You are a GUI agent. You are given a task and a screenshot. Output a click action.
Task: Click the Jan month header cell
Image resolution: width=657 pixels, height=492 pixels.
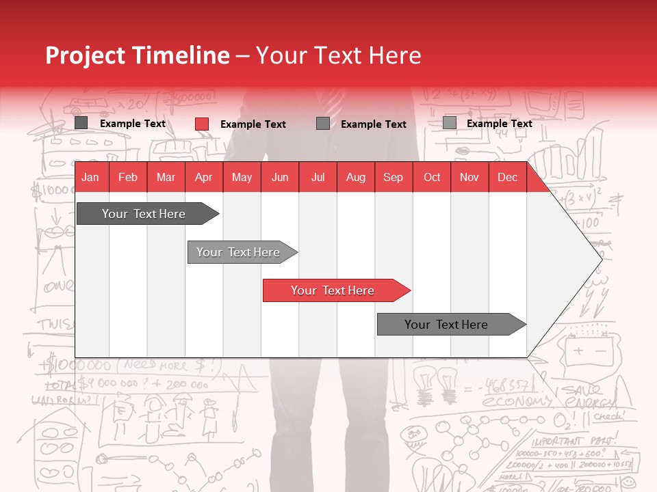(90, 178)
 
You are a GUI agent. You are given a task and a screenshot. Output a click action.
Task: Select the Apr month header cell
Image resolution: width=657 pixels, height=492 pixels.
(203, 178)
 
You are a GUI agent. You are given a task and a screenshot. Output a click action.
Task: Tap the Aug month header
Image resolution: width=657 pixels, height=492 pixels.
(355, 178)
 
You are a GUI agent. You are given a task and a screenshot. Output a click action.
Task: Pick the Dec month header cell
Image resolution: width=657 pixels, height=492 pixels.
(507, 178)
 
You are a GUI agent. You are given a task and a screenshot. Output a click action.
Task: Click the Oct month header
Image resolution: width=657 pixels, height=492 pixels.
(432, 178)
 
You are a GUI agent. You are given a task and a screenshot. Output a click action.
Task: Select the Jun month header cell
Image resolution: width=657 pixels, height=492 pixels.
(279, 178)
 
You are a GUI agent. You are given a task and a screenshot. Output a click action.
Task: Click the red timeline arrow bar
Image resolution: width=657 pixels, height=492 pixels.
(335, 290)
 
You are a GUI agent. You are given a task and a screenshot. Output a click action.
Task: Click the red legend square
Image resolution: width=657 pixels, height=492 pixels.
(202, 124)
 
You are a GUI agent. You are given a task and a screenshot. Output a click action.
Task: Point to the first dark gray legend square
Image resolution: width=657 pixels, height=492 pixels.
(81, 123)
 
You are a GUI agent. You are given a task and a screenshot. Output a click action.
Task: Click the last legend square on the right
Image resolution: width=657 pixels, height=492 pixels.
(450, 123)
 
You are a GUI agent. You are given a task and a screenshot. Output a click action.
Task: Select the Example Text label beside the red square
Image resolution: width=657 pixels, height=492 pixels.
(253, 124)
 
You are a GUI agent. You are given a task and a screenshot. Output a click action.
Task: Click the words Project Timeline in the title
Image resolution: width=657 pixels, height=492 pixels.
(137, 55)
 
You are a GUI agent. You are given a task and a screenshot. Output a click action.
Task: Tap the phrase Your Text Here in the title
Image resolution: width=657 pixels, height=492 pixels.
(338, 55)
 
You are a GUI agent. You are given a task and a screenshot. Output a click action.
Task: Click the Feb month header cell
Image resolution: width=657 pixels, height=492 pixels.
(128, 178)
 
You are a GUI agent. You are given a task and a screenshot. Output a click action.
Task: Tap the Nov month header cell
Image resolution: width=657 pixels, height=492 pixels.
(469, 178)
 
